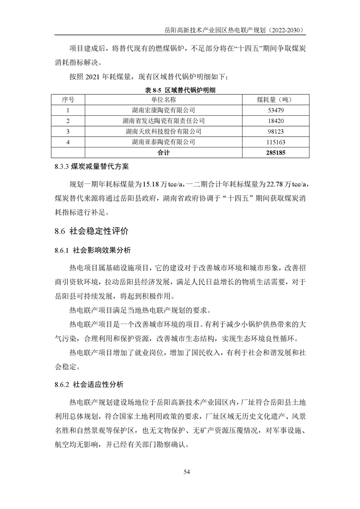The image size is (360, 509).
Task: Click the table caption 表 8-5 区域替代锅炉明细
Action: (180, 90)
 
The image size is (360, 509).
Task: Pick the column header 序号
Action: (68, 99)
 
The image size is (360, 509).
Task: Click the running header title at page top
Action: (234, 30)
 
